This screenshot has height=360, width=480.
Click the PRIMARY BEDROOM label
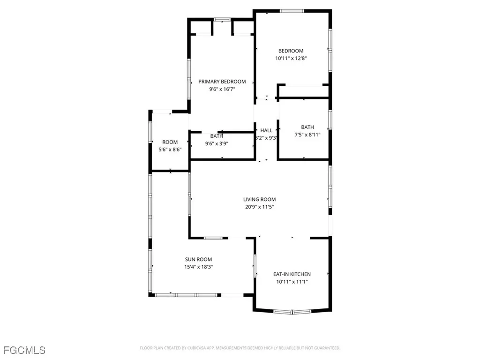[x=222, y=82]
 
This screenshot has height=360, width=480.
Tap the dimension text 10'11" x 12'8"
[x=291, y=59]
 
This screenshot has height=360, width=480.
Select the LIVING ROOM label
[x=259, y=199]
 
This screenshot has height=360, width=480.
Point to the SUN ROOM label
[x=198, y=259]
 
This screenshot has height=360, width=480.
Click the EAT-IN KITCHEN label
[x=292, y=274]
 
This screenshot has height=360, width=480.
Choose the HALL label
[x=266, y=131]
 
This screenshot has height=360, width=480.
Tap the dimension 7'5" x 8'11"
[x=307, y=135]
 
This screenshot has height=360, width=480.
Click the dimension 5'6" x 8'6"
[x=170, y=150]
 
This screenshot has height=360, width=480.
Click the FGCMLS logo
[x=24, y=350]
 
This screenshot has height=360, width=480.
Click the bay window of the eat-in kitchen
[x=292, y=312]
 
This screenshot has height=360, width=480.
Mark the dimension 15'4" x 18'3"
[x=198, y=267]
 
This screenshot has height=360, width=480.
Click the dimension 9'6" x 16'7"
[x=222, y=89]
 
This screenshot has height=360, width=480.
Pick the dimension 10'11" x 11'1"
[x=292, y=282]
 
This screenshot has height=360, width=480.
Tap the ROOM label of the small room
[x=170, y=142]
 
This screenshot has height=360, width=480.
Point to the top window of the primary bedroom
[x=222, y=19]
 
